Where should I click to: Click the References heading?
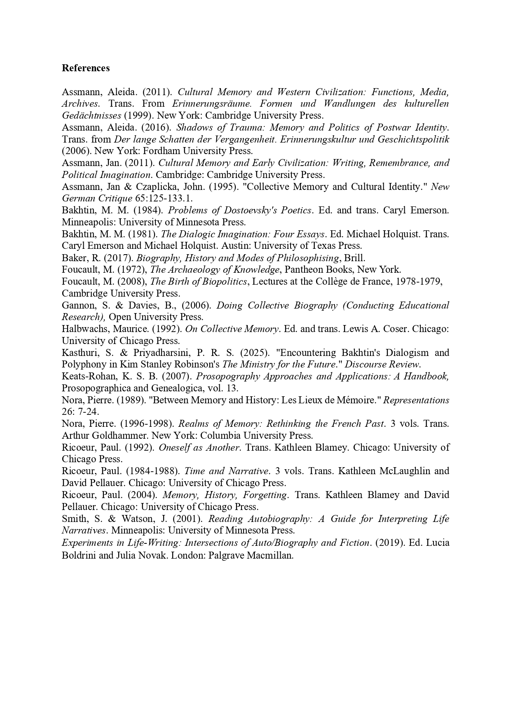tap(86, 68)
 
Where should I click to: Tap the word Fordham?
tap(161, 151)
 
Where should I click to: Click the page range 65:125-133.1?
tap(164, 198)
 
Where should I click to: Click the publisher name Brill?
tap(354, 258)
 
